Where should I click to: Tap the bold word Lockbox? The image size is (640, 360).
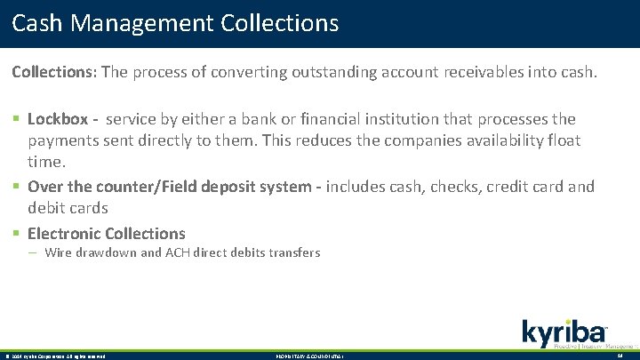58,119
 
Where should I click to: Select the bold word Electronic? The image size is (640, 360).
64,234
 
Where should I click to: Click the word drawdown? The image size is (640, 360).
106,253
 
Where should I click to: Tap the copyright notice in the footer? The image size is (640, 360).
55,356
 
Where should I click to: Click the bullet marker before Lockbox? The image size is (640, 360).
16,119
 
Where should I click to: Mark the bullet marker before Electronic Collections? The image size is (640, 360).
16,234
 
